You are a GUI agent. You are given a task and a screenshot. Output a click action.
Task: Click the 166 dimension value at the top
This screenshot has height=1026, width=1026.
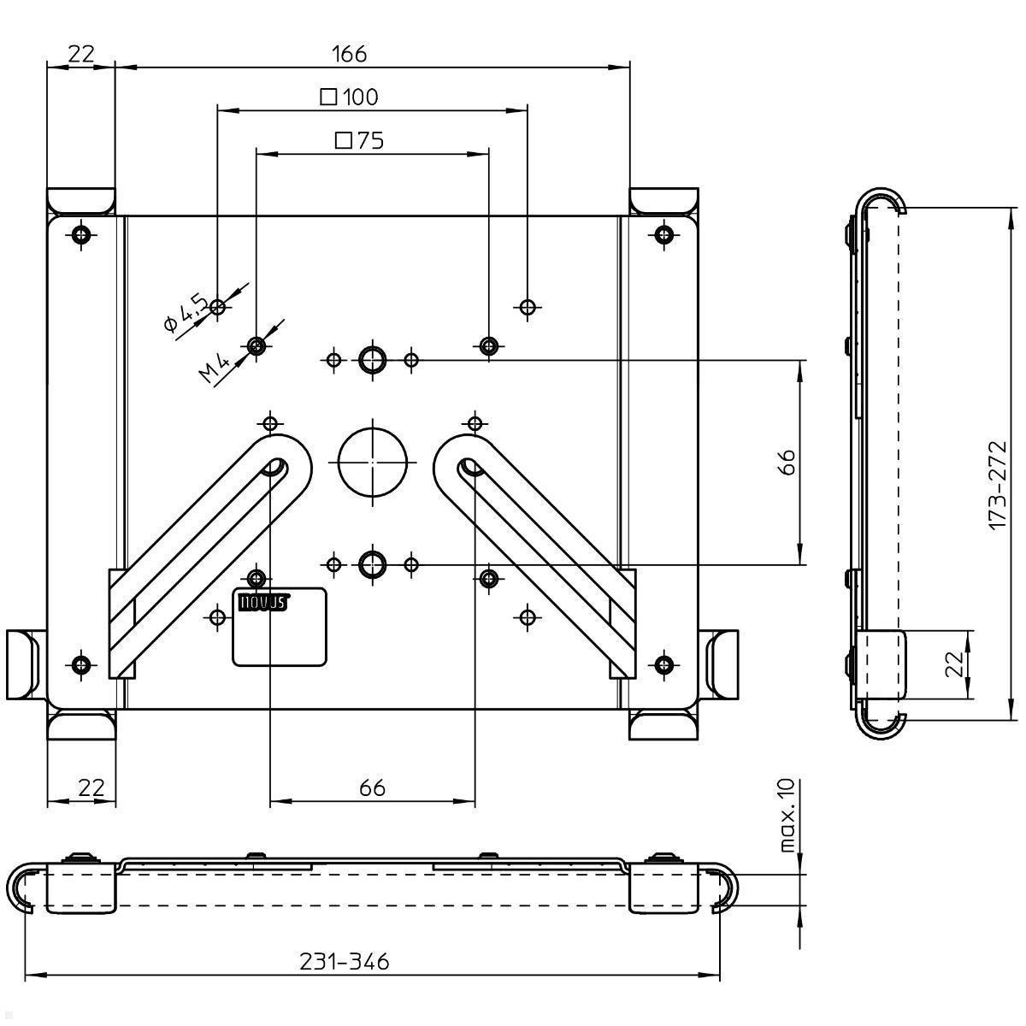349,54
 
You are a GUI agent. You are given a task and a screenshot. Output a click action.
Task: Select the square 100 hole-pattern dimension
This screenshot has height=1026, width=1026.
350,97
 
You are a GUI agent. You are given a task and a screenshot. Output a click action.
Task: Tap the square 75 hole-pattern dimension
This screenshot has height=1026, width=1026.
359,140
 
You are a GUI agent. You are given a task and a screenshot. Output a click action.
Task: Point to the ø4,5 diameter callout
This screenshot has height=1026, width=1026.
185,311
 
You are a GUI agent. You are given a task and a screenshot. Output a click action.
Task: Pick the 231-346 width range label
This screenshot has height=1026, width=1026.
344,962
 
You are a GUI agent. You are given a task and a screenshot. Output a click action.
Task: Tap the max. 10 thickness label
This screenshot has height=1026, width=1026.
787,815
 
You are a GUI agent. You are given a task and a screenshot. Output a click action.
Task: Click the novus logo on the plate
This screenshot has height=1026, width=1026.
261,602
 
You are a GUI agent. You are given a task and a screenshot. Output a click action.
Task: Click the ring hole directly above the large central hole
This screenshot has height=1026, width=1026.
372,360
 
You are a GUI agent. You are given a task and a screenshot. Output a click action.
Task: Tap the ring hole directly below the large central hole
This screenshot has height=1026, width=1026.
372,563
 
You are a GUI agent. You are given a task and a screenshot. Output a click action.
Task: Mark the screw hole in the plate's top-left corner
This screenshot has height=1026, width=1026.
81,234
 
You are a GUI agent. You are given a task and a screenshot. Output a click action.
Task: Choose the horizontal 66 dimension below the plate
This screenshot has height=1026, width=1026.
372,787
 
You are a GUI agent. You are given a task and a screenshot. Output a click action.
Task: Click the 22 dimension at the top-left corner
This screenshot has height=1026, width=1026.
80,54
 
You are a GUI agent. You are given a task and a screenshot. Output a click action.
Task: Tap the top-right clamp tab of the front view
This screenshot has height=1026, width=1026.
664,201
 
